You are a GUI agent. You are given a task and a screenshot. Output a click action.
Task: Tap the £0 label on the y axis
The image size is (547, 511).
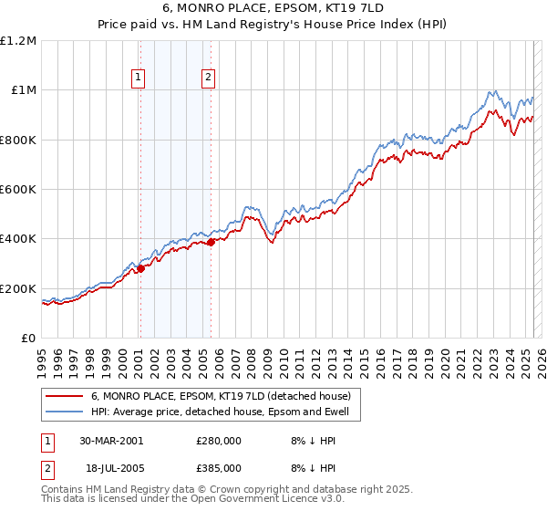coord(28,338)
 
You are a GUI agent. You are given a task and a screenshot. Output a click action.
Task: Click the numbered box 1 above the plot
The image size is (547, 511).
coord(139,78)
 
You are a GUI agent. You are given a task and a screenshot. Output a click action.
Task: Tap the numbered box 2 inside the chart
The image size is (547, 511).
coord(209,78)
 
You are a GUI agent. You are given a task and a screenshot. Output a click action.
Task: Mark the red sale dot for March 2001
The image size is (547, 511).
coord(141,268)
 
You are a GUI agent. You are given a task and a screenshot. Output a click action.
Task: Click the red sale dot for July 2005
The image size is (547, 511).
coord(211,243)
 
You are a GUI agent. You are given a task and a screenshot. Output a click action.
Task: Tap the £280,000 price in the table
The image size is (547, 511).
coord(219,441)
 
